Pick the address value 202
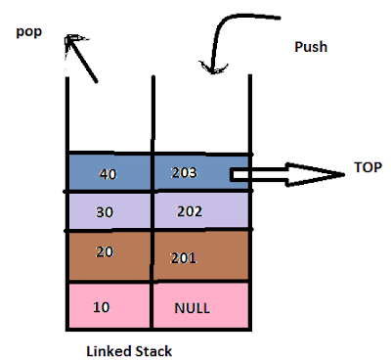190,210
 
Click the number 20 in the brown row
105,250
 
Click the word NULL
193,306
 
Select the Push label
312,47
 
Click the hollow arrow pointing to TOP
283,175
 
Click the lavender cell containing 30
110,210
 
